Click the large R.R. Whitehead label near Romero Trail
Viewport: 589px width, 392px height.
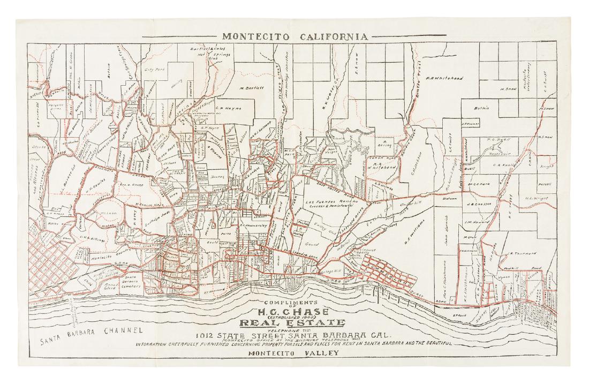coord(444,78)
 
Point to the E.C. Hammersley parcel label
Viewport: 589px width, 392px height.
coord(257,225)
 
